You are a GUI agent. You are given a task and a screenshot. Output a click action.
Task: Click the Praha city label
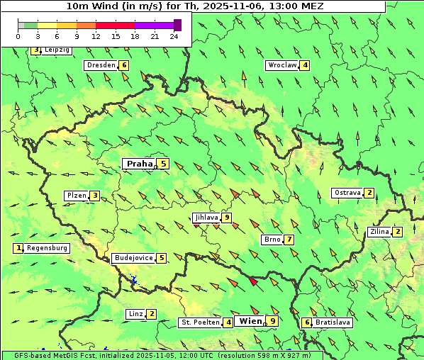[x=140, y=164]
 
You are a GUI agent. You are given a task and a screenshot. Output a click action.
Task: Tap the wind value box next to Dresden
[x=125, y=65]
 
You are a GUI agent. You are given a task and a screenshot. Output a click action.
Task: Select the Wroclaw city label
[x=281, y=65]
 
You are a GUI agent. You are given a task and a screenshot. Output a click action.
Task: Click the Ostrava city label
[x=347, y=193]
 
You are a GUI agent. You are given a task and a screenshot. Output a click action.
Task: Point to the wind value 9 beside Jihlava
[x=227, y=218]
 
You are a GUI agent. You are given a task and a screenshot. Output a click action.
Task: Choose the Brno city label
[x=272, y=240]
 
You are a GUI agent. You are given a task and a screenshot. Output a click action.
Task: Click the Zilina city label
[x=379, y=232]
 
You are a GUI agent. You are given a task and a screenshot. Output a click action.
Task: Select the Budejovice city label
[x=133, y=258]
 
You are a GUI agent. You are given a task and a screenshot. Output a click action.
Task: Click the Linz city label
[x=135, y=314]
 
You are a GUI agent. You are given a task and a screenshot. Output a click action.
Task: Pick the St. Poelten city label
[x=200, y=322]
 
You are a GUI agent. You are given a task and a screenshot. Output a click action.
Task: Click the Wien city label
[x=251, y=321]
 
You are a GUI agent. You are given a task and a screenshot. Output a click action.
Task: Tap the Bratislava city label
[x=333, y=322]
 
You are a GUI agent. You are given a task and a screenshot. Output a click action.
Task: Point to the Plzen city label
[x=76, y=196]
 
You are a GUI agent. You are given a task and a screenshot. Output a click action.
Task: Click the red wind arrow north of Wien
[x=253, y=281]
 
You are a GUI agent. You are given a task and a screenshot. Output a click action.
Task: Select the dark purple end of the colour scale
[x=177, y=25]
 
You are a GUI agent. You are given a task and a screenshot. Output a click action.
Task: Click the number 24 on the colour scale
[x=174, y=36]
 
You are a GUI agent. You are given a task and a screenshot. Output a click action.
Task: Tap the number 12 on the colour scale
[x=96, y=36]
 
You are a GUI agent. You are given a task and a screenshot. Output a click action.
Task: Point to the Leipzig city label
[x=57, y=50]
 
